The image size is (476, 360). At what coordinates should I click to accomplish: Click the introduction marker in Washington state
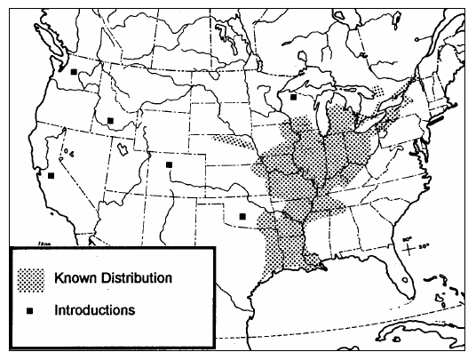coord(75,73)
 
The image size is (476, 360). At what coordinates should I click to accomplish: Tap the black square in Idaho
coord(110,120)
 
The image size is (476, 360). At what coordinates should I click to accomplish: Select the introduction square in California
coord(51,175)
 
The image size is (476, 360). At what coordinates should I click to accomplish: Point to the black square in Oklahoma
coord(242,216)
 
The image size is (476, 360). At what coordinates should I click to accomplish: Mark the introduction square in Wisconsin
coord(293,98)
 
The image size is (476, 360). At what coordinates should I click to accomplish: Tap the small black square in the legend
coord(31,312)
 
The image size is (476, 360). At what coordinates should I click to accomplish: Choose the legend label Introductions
coord(94,311)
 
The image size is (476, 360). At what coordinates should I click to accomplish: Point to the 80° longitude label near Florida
coord(407,238)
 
